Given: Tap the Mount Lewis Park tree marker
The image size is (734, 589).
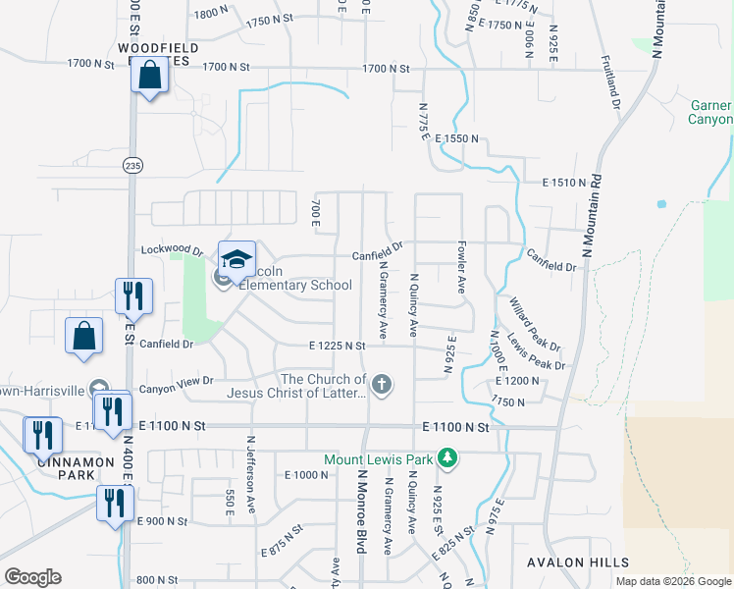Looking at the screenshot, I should pyautogui.click(x=447, y=458).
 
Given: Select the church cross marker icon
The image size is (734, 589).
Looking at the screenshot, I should pyautogui.click(x=381, y=385).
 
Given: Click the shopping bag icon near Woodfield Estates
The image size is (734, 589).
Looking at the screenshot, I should pyautogui.click(x=150, y=75).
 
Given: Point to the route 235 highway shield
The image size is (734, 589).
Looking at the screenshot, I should pyautogui.click(x=132, y=166).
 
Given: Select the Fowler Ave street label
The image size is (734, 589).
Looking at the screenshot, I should pyautogui.click(x=460, y=266).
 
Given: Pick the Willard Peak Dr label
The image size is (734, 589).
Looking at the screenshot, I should pyautogui.click(x=534, y=324).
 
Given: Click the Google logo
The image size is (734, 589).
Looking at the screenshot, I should pyautogui.click(x=32, y=577).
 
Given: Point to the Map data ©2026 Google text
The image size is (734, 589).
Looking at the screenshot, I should pyautogui.click(x=673, y=581).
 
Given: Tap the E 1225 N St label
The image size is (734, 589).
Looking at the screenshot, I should pyautogui.click(x=337, y=346).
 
